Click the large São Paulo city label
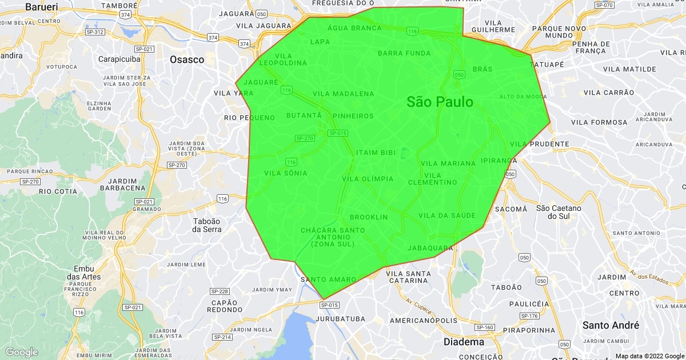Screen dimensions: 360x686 point(440,102)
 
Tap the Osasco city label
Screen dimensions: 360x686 point(187,59)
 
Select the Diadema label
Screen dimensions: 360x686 point(464,342)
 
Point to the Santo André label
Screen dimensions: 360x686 point(611,325)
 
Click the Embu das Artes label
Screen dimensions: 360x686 point(87,273)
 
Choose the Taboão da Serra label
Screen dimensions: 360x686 point(206,225)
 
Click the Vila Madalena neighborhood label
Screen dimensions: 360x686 point(344,94)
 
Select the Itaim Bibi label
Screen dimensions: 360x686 point(376,153)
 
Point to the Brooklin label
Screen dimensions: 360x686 point(369,217)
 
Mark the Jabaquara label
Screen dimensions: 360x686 point(430,248)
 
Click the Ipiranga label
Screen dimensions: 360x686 point(499,161)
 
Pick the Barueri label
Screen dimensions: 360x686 point(42,7)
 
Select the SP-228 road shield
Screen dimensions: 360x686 point(220,291)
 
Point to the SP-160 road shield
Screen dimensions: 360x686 point(485,327)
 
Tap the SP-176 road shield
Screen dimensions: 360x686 point(529,316)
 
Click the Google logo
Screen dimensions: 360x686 point(22,352)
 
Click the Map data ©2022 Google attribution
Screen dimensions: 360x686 point(649,355)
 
